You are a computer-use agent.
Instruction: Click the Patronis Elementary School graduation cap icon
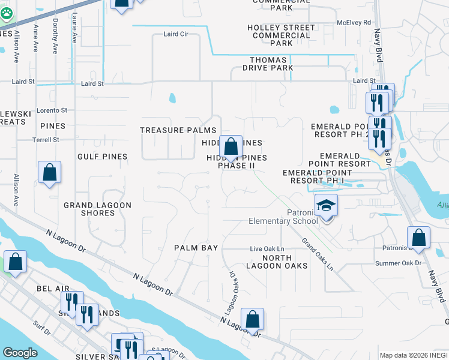(x=326, y=206)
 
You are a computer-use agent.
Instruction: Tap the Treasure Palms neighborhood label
(x=178, y=130)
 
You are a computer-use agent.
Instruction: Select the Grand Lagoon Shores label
(x=98, y=209)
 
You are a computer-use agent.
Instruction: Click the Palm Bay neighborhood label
(x=196, y=247)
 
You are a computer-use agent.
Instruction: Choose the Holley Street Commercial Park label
(x=282, y=35)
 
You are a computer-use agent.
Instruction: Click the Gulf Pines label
(x=102, y=157)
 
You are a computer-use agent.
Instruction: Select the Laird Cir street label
(x=176, y=34)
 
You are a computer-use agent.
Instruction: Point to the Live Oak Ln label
(x=267, y=248)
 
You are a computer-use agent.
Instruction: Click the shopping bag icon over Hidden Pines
(x=231, y=146)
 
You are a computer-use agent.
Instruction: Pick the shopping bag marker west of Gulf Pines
(x=49, y=172)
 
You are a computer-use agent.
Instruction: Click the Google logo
(x=20, y=353)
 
